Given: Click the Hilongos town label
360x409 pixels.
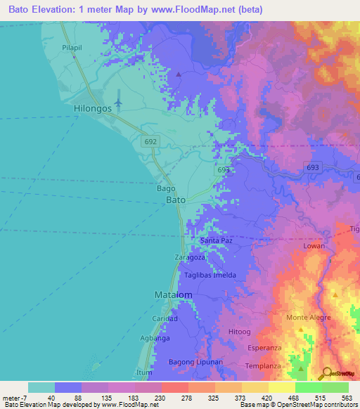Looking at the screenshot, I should [93, 110].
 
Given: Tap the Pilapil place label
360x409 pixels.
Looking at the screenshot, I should [73, 47].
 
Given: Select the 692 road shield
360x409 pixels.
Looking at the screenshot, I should [151, 141].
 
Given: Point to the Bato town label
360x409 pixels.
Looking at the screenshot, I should [175, 200].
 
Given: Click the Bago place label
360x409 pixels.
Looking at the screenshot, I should [165, 189].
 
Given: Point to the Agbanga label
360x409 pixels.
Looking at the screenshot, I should [156, 338].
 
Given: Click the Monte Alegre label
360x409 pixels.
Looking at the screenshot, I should [307, 318].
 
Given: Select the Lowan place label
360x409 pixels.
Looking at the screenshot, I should [314, 247].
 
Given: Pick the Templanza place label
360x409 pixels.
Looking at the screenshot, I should [264, 366].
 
